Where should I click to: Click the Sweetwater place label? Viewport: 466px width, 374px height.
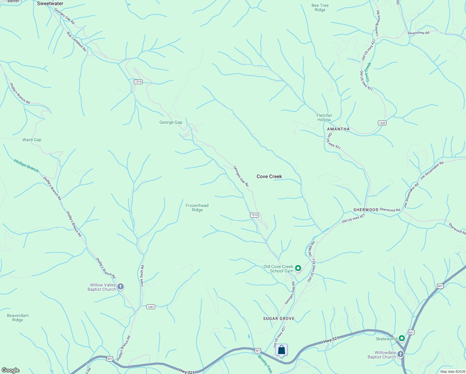(50, 4)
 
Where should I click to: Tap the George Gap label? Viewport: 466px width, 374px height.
(171, 122)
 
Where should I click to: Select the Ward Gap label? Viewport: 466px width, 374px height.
(32, 140)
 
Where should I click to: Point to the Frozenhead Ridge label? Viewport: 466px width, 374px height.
(197, 208)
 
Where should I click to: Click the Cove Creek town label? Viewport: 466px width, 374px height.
(269, 176)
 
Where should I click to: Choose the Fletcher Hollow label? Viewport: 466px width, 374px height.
(324, 117)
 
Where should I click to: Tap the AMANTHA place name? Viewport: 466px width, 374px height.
(338, 129)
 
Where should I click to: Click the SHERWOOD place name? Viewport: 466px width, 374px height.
(366, 210)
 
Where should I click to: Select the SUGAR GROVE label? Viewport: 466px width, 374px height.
(279, 319)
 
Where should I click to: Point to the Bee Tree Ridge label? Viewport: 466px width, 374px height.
(320, 7)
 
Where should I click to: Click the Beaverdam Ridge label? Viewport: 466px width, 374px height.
(18, 318)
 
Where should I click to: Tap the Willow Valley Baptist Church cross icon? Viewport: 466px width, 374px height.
(121, 287)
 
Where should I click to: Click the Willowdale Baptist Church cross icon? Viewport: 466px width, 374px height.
(400, 354)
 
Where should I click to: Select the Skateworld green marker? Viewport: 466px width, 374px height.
(402, 338)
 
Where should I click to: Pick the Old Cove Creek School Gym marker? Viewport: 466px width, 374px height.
(298, 268)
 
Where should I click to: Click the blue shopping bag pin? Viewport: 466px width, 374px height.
(281, 350)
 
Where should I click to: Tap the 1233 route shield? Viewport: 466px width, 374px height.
(382, 123)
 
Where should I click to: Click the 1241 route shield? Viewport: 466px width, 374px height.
(151, 307)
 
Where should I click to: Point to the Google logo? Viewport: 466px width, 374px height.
(11, 370)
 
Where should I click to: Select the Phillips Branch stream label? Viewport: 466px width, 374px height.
(26, 165)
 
